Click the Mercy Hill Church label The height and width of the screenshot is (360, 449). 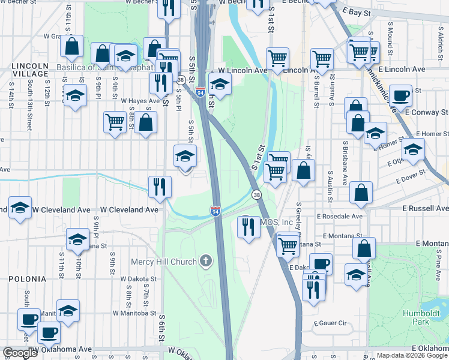[163, 262]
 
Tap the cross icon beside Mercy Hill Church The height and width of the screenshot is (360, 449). [206, 261]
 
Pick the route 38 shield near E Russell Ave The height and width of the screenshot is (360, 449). [257, 195]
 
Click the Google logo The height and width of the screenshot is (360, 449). [20, 353]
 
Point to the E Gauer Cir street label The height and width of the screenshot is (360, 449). [330, 323]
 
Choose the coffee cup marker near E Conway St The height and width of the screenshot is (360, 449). [401, 95]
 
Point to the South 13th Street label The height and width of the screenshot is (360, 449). [29, 108]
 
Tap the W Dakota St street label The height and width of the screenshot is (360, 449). [138, 279]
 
